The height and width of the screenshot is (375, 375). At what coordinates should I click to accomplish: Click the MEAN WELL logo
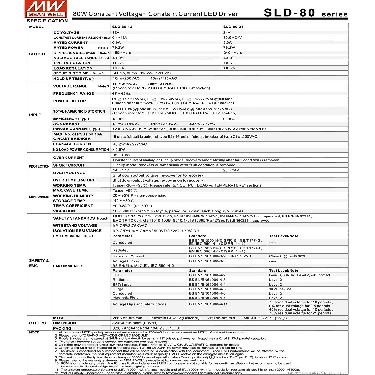click(x=46, y=9)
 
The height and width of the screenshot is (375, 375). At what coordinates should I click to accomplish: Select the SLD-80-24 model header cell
click(x=233, y=27)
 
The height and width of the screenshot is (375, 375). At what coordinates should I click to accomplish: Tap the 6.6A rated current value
click(x=117, y=42)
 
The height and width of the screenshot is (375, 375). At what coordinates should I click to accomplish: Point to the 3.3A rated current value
click(x=227, y=42)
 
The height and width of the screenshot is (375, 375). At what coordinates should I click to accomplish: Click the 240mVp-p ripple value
click(x=233, y=53)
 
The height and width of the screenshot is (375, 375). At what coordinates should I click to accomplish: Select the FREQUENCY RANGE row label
click(x=73, y=93)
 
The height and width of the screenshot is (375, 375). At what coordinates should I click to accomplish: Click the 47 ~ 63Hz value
click(x=122, y=93)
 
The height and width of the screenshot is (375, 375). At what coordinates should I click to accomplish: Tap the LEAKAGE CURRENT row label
click(x=73, y=144)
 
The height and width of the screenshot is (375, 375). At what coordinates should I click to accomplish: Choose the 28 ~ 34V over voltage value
click(x=231, y=170)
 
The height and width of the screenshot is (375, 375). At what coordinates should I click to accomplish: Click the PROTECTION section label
click(x=39, y=166)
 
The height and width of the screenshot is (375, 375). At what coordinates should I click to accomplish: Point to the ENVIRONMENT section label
click(x=39, y=197)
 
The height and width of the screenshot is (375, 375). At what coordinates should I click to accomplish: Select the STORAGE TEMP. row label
click(x=69, y=201)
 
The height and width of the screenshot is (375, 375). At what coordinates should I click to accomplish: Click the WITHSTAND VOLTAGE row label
click(x=75, y=225)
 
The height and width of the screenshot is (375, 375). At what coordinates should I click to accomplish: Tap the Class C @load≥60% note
click(x=287, y=256)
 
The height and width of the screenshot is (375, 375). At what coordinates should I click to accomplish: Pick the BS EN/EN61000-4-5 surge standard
click(x=207, y=289)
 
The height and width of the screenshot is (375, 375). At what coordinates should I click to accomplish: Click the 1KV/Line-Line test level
click(x=280, y=289)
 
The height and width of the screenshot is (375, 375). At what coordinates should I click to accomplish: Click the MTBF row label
click(x=59, y=318)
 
